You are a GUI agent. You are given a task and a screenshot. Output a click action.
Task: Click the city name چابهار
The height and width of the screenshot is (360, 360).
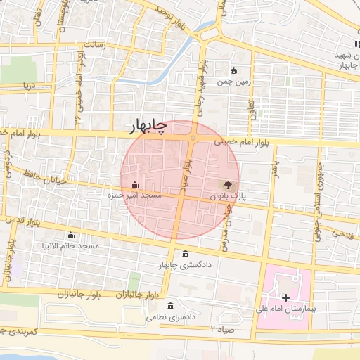(149, 126)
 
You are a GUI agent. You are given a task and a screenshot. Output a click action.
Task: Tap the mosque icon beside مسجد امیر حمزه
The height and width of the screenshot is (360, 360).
(134, 185)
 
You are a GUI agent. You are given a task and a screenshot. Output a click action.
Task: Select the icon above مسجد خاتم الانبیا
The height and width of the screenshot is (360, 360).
(70, 236)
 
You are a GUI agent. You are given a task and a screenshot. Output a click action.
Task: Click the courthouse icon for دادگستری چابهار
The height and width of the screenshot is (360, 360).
(185, 254)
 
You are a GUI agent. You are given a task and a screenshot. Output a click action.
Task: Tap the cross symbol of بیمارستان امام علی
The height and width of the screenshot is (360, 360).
(285, 298)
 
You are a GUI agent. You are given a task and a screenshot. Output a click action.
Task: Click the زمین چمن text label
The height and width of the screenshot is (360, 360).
(233, 82)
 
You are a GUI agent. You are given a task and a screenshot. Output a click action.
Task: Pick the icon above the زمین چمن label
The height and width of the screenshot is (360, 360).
(234, 71)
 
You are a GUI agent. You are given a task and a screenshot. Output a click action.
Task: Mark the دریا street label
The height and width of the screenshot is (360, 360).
(27, 86)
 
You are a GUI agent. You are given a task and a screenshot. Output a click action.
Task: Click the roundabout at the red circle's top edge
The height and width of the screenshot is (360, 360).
(192, 138)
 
